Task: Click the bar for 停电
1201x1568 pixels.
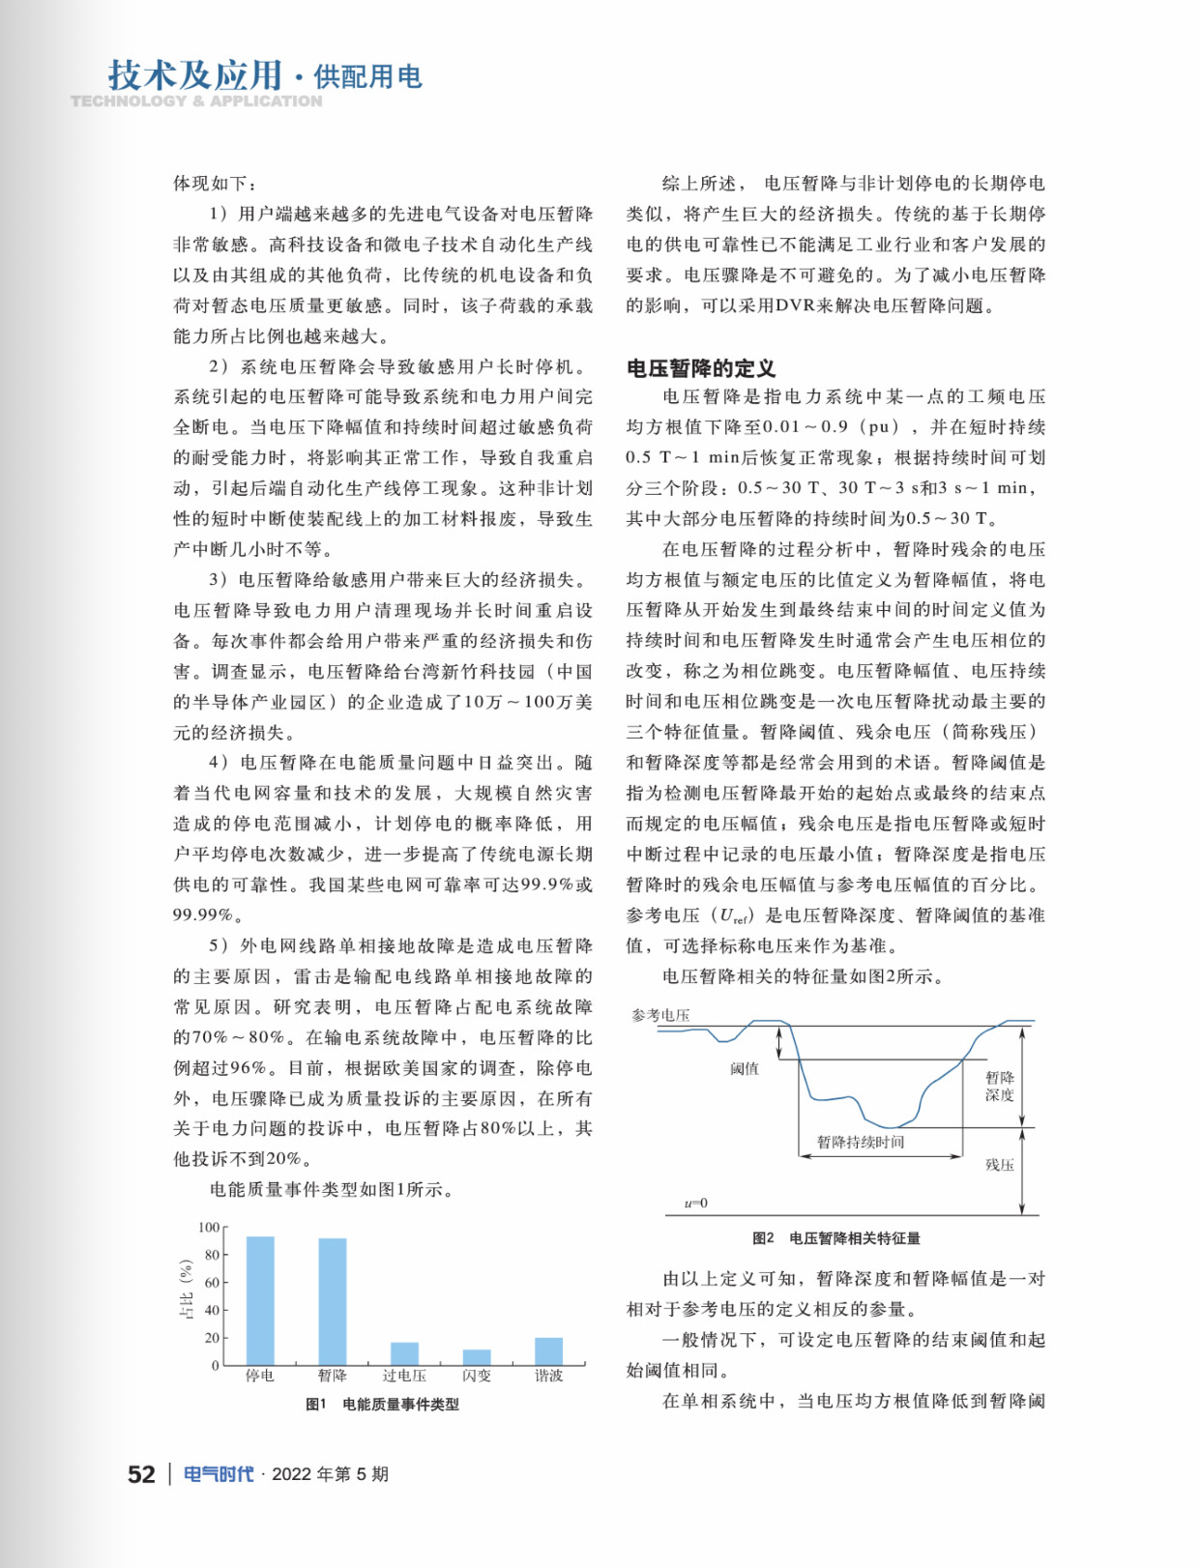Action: pyautogui.click(x=260, y=1300)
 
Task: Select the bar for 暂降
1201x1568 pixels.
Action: pyautogui.click(x=333, y=1301)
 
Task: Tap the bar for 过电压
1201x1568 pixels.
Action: pyautogui.click(x=404, y=1353)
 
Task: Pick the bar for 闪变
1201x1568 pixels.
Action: pyautogui.click(x=477, y=1357)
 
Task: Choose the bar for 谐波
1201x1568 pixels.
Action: pyautogui.click(x=548, y=1351)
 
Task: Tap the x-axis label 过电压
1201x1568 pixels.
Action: pyautogui.click(x=404, y=1376)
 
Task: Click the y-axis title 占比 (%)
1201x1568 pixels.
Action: pyautogui.click(x=187, y=1291)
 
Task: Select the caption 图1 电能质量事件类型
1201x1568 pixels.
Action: pyautogui.click(x=382, y=1405)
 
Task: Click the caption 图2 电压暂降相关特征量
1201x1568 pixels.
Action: pyautogui.click(x=835, y=1238)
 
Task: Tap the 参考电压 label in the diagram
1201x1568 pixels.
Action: pyautogui.click(x=661, y=1015)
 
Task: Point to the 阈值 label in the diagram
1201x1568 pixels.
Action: pyautogui.click(x=745, y=1068)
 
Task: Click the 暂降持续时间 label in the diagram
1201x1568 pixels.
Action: pyautogui.click(x=861, y=1143)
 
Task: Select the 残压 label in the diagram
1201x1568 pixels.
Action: pyautogui.click(x=1000, y=1165)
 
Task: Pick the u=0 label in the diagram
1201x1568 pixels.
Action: pyautogui.click(x=696, y=1204)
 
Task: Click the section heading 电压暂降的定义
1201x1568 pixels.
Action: pyautogui.click(x=701, y=368)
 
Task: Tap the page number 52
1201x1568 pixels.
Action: pyautogui.click(x=141, y=1474)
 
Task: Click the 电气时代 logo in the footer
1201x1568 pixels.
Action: pyautogui.click(x=219, y=1474)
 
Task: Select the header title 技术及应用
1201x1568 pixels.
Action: pyautogui.click(x=195, y=74)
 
